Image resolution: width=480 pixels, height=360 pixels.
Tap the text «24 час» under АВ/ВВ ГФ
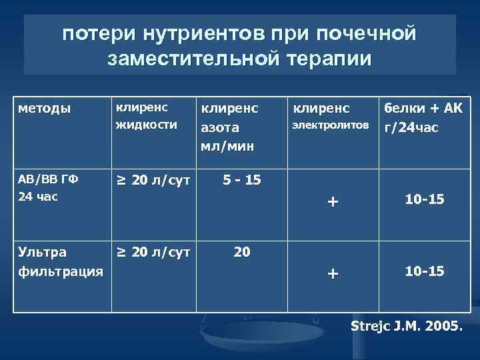tap(37, 197)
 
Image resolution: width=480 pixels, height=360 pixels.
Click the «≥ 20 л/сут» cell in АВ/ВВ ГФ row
tap(153, 181)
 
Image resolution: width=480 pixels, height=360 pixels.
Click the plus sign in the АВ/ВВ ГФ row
tap(333, 201)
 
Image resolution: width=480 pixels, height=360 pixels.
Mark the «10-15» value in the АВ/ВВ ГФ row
tap(425, 200)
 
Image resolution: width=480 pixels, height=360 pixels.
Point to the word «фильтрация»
tap(60, 271)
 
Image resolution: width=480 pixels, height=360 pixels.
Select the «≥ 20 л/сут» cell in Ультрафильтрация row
tap(153, 252)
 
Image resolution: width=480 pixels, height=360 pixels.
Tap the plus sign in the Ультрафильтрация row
tap(333, 273)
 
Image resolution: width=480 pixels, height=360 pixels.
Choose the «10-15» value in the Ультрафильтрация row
tap(425, 272)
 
